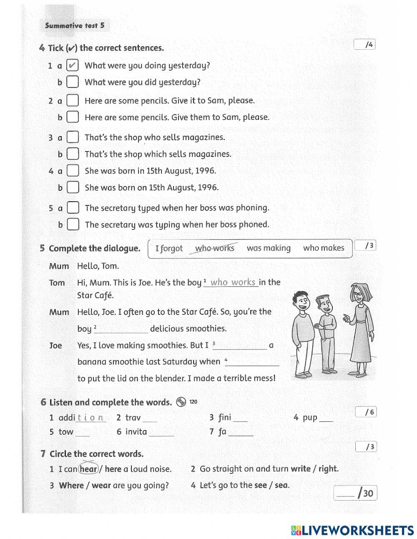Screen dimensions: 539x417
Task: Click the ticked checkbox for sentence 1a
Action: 73,66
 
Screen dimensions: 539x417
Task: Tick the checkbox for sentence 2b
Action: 73,117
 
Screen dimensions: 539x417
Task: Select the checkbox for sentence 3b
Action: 73,154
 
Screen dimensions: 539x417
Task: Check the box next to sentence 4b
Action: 73,187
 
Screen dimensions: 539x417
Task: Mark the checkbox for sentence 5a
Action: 73,208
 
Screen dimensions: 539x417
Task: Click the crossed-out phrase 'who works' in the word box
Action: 215,248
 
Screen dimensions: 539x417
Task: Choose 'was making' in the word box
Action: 269,248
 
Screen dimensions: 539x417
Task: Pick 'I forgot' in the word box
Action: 169,248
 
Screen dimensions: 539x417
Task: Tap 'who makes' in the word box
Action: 324,248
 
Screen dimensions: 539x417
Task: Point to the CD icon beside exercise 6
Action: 181,402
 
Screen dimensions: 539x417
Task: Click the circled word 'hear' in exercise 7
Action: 88,469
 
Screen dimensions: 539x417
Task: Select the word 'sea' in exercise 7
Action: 281,485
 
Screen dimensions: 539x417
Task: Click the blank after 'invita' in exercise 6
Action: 161,433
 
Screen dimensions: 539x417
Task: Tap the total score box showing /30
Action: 355,493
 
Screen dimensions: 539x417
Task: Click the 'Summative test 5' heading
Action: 75,25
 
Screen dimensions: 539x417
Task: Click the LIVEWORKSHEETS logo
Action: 352,530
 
